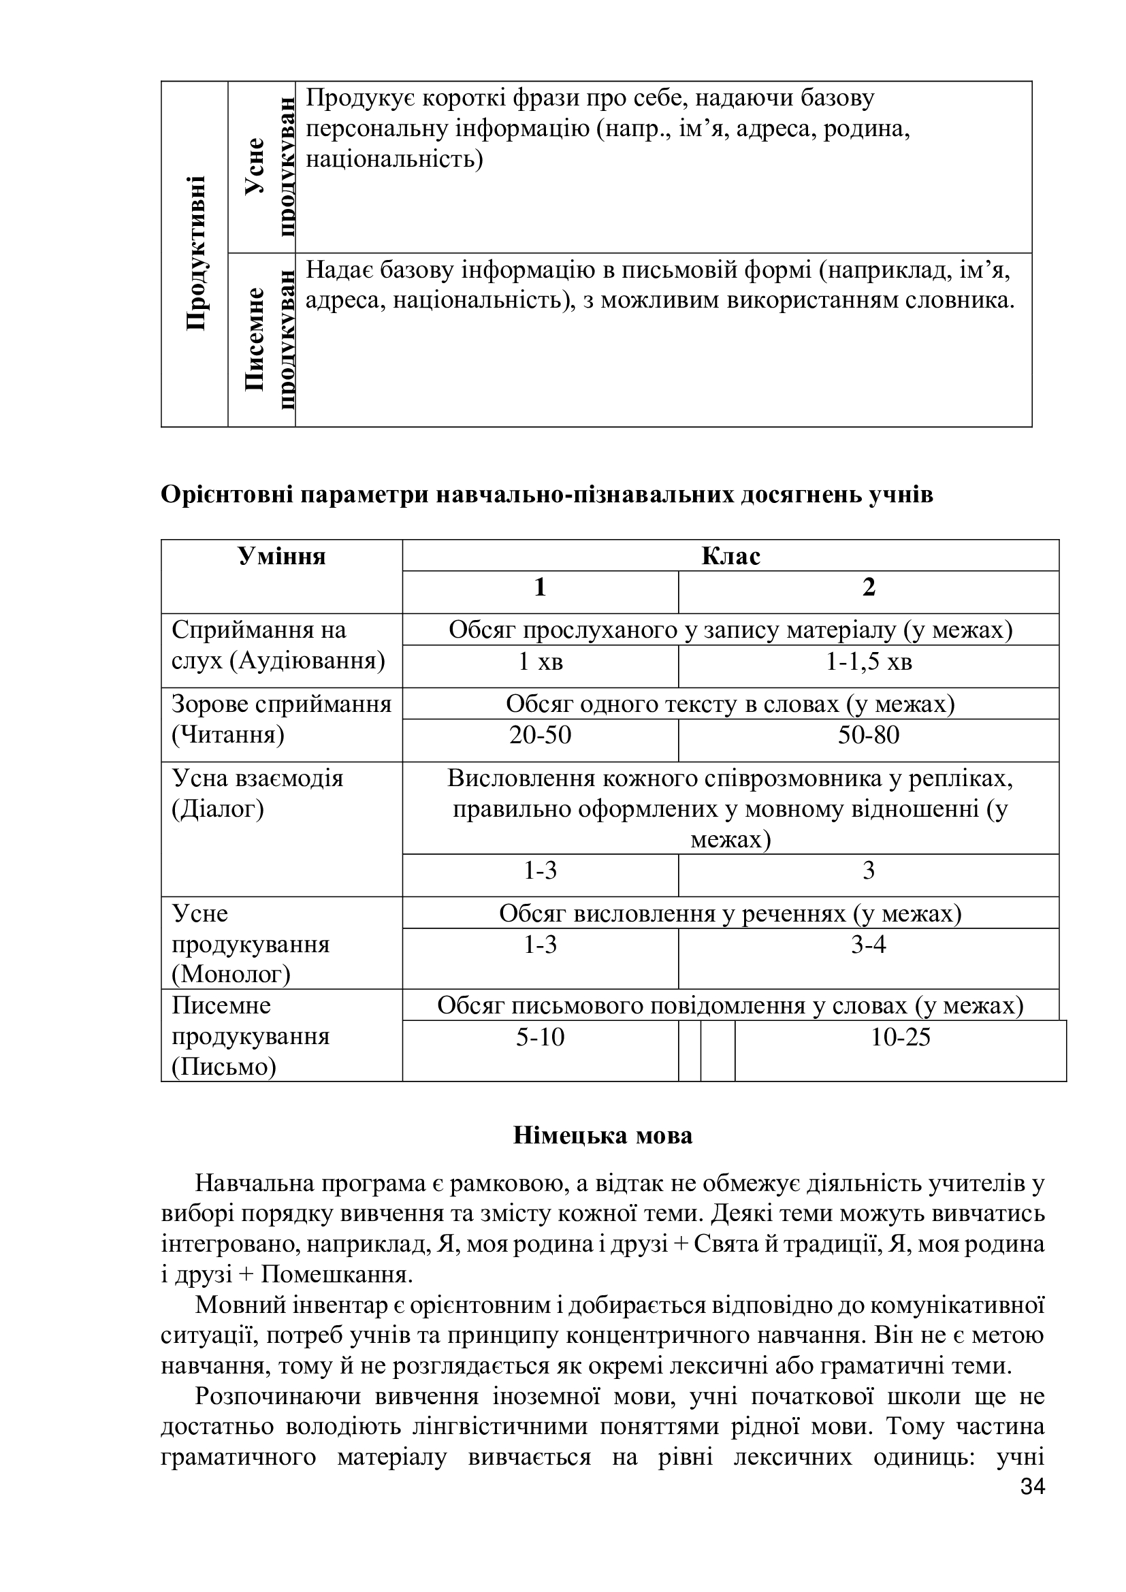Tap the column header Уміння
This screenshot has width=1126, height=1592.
point(282,556)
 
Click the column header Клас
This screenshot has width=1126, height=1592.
point(730,556)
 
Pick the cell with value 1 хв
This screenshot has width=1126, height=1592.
point(540,662)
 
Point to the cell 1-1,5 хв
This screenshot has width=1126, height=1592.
point(868,662)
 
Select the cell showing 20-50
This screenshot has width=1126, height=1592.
point(540,735)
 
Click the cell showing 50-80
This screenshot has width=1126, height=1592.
point(868,735)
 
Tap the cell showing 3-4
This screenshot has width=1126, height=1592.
point(868,945)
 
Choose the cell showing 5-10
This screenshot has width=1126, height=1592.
point(540,1037)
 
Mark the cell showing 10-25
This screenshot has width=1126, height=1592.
point(900,1037)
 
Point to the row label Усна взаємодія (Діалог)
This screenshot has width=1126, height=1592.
point(257,793)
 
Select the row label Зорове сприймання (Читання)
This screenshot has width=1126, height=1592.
point(280,719)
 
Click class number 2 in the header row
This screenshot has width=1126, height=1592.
point(868,587)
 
